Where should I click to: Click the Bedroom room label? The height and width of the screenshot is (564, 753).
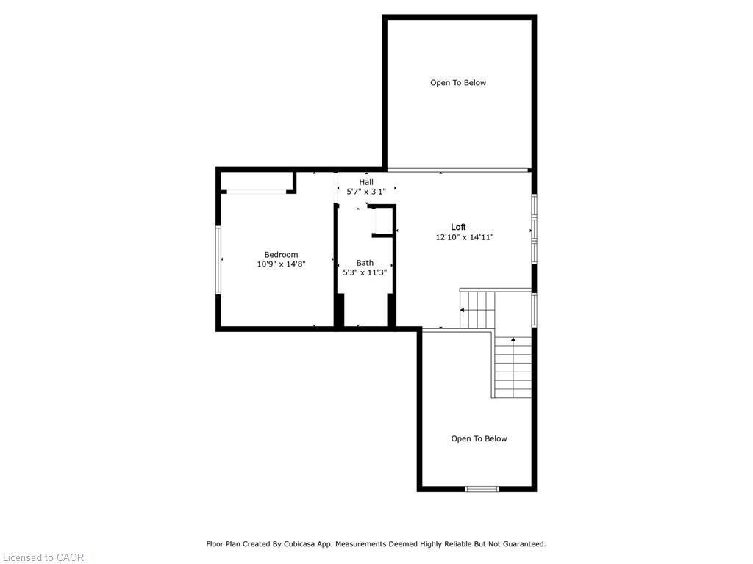(281, 255)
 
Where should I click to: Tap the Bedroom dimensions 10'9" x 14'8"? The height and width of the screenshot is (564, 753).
(281, 264)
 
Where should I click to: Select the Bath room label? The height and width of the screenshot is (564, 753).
(365, 263)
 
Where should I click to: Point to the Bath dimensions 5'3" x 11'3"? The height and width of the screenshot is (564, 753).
(365, 272)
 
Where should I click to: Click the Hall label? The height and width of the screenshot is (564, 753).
(366, 182)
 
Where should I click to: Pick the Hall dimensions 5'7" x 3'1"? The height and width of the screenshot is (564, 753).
(366, 192)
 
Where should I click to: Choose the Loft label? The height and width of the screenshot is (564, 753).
(458, 227)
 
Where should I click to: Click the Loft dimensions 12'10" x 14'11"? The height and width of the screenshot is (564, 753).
(464, 237)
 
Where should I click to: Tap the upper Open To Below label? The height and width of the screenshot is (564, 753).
(458, 83)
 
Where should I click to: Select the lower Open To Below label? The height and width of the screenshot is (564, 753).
(479, 439)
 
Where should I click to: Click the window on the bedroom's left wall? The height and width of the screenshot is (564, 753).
(218, 260)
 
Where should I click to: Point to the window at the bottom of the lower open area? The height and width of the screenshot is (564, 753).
(482, 488)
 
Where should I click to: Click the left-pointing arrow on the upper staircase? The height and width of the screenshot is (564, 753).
(464, 311)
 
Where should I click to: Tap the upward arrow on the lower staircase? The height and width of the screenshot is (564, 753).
(513, 340)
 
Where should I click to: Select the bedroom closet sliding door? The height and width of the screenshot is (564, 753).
(255, 192)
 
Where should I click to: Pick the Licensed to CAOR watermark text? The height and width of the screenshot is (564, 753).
(43, 557)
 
